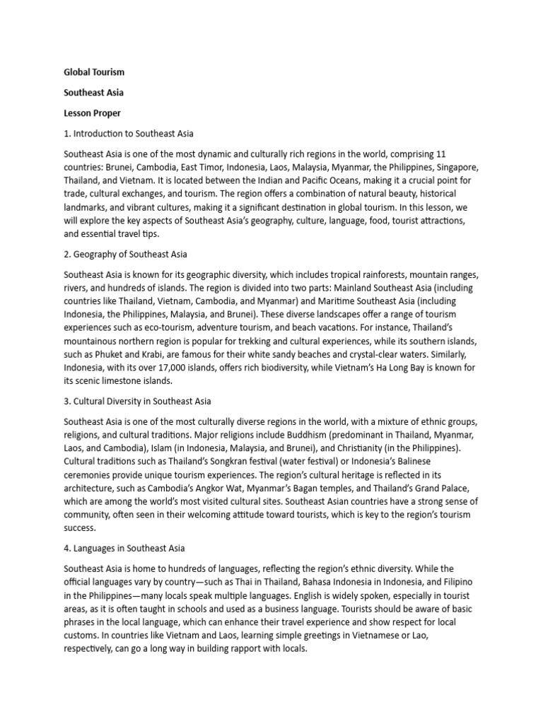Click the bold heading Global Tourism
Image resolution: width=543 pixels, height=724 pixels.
(94, 72)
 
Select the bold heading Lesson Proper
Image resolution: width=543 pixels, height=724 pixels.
(93, 112)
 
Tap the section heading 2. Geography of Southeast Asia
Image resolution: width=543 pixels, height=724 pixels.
(126, 253)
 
